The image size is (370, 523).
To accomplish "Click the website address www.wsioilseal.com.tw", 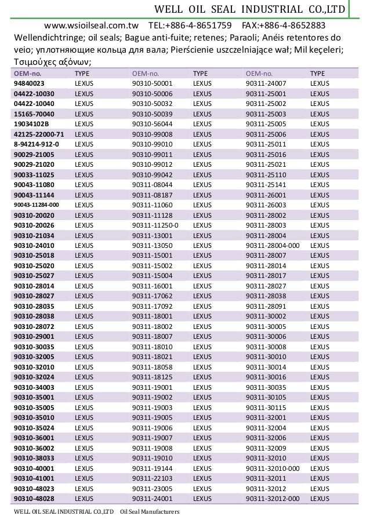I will coord(87,25).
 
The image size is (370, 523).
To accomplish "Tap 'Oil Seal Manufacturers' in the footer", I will coord(150,513).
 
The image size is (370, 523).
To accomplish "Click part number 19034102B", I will coord(32,123).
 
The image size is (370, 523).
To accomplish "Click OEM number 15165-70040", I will coord(34,114).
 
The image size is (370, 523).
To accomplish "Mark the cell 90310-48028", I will coord(34,498).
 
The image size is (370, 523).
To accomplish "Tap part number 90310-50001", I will coord(153,83).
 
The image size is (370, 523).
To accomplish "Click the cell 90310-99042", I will coord(153,174).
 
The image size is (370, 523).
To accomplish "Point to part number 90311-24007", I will coord(266,83).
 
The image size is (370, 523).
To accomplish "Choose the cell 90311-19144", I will coord(153,468).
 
